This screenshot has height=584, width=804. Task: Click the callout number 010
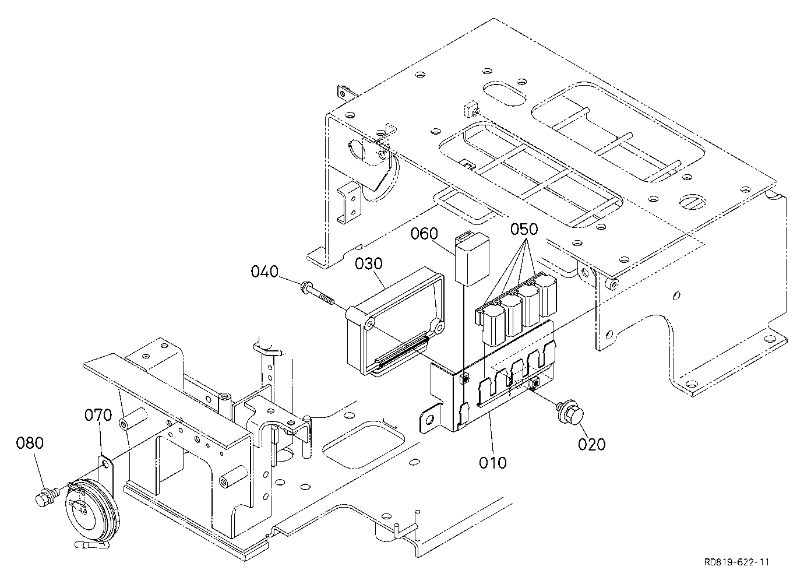(493, 463)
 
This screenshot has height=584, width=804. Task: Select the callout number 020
(592, 444)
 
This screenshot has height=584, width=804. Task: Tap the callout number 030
(369, 263)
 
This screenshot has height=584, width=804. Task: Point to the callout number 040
(265, 272)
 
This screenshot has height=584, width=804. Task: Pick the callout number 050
(524, 229)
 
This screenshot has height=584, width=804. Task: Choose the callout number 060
(424, 233)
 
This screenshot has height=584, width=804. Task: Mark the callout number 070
(98, 415)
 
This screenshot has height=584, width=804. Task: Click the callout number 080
(30, 443)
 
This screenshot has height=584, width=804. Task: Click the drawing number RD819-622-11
(736, 562)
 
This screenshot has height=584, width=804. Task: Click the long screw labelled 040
(318, 293)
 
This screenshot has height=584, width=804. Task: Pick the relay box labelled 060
(472, 258)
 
